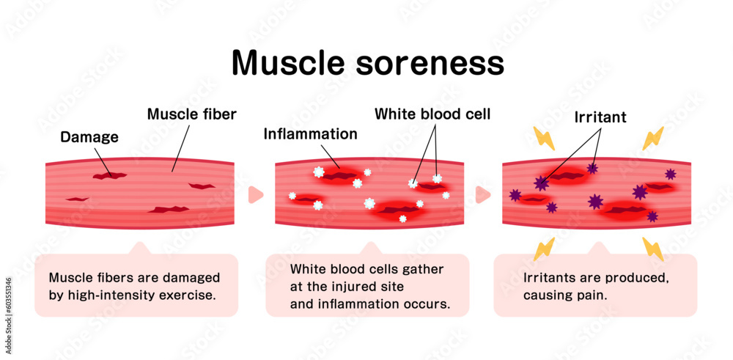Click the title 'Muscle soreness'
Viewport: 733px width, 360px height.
tap(367, 63)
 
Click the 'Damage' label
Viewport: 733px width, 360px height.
tap(89, 136)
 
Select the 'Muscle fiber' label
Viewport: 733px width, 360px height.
tap(191, 114)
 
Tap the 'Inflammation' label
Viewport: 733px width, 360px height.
tap(310, 134)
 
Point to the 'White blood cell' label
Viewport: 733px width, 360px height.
tap(432, 114)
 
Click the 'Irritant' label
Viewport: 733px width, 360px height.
tap(600, 117)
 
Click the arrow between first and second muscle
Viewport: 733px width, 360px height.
tap(255, 194)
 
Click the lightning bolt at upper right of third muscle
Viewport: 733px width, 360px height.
tap(653, 138)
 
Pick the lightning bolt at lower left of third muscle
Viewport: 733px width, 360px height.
tap(543, 249)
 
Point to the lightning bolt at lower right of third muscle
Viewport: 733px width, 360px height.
tap(653, 249)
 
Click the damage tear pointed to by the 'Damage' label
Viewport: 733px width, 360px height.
tap(108, 175)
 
